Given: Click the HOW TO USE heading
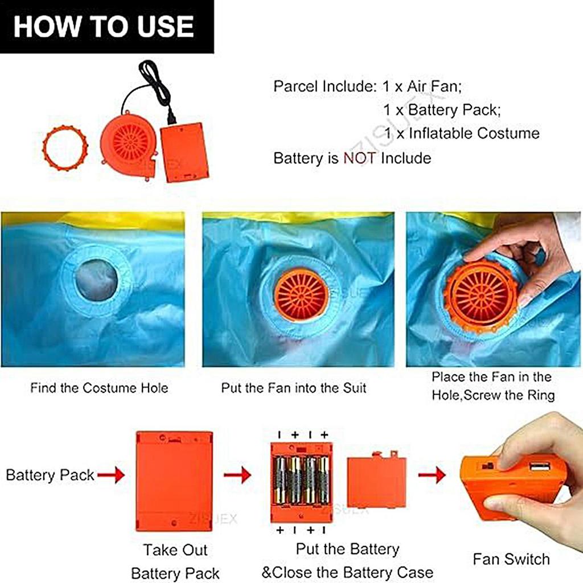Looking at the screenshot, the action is pos(104,26).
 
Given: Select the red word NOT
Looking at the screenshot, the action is pos(359,158).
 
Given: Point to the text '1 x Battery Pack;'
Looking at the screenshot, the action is pos(442,110).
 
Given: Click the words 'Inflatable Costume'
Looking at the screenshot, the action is pos(474,133).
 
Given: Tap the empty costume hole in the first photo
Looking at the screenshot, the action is pos(96,279).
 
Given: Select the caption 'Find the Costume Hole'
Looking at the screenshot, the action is pos(99,388).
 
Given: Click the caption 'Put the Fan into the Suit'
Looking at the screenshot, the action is pos(294,388).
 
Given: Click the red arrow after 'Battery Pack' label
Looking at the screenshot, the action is pos(111,475).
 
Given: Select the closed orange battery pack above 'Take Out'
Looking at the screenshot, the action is pos(174,482).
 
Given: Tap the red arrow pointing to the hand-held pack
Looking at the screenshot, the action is pos(432,475).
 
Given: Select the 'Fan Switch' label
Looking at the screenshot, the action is pos(511,559).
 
